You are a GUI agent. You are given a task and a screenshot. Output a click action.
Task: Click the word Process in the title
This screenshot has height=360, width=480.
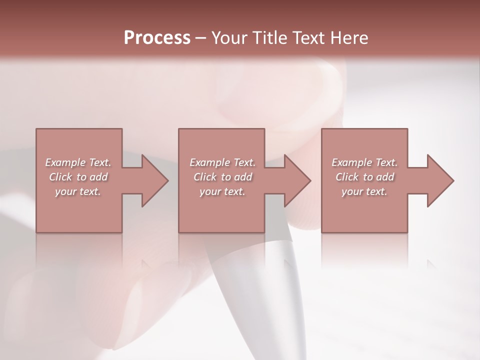click(x=157, y=37)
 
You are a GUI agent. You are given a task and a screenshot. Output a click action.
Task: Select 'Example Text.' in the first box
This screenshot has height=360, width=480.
click(x=78, y=162)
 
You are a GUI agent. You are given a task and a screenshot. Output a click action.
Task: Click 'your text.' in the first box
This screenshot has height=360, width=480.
click(x=78, y=191)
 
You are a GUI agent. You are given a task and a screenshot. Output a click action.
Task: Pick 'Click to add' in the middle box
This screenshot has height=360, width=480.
click(x=222, y=177)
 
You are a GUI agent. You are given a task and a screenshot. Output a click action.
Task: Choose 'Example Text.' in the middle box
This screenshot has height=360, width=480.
click(x=222, y=162)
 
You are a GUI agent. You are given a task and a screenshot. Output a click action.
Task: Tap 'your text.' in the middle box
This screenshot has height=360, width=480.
click(x=222, y=191)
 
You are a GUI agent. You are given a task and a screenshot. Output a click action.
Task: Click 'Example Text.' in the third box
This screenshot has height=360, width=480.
click(x=364, y=162)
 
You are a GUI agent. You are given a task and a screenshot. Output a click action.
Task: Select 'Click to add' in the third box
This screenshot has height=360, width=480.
click(x=364, y=177)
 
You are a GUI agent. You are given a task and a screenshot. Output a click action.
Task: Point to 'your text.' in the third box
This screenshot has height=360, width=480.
click(x=364, y=191)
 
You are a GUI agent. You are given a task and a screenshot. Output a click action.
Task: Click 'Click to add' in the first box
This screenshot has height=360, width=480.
click(x=78, y=177)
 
